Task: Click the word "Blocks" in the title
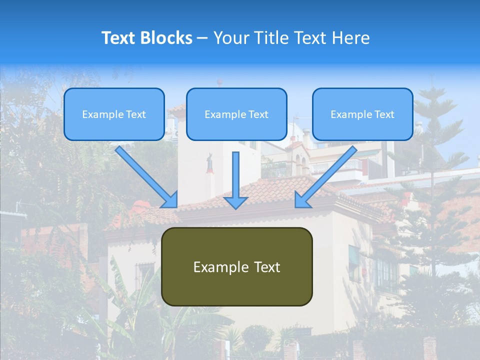(168, 38)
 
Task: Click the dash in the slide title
(202, 38)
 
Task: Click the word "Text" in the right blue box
(384, 114)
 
